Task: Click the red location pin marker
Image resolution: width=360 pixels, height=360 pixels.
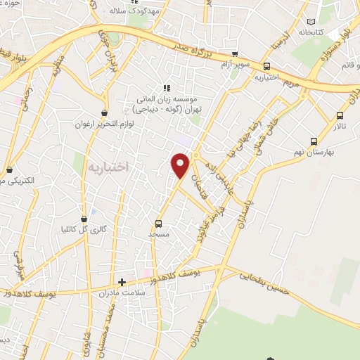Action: pos(181,166)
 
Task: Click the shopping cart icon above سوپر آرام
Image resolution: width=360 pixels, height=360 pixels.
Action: pos(235,53)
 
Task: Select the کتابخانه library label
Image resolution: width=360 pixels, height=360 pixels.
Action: pos(311,32)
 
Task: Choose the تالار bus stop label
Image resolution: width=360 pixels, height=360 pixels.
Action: pos(340,127)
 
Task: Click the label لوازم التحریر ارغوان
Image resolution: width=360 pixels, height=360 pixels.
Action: pos(104,124)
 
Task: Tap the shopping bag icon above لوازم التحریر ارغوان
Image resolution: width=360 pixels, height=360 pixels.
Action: pos(105,112)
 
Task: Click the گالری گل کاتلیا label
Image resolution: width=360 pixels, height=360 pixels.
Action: pos(84,229)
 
